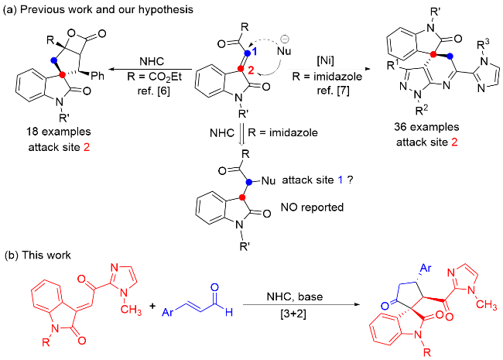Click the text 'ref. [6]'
154,91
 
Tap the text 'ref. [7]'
333,91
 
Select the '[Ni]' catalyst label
325,60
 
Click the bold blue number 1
255,51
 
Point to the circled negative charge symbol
285,39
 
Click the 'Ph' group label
98,76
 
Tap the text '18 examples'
59,132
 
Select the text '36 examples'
426,127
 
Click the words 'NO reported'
312,207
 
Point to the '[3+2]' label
293,313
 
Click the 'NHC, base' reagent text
295,297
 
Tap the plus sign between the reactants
152,306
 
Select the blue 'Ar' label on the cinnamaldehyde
168,312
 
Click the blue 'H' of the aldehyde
229,312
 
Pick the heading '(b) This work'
38,255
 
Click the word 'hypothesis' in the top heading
166,9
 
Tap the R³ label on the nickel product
484,45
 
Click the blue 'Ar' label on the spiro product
426,268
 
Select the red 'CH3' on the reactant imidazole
132,310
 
